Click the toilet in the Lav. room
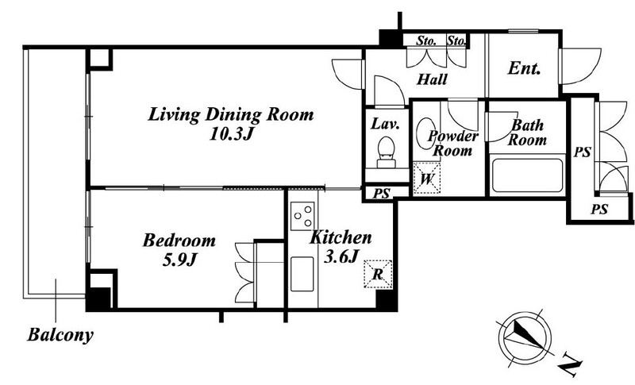pyautogui.click(x=386, y=152)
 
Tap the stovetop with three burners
pyautogui.click(x=303, y=215)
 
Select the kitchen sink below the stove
pyautogui.click(x=302, y=274)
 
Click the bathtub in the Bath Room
pyautogui.click(x=527, y=175)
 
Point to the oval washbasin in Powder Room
pyautogui.click(x=425, y=133)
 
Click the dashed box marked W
pyautogui.click(x=426, y=178)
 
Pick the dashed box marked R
pyautogui.click(x=378, y=274)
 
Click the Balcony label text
pyautogui.click(x=60, y=335)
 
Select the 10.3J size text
pyautogui.click(x=231, y=133)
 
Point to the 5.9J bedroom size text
pyautogui.click(x=179, y=260)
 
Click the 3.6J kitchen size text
pyautogui.click(x=341, y=256)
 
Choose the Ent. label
pyautogui.click(x=524, y=68)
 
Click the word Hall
pyautogui.click(x=432, y=79)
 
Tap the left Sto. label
pyautogui.click(x=426, y=41)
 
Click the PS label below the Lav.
pyautogui.click(x=381, y=194)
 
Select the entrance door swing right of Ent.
pyautogui.click(x=580, y=67)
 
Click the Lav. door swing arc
pyautogui.click(x=389, y=91)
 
